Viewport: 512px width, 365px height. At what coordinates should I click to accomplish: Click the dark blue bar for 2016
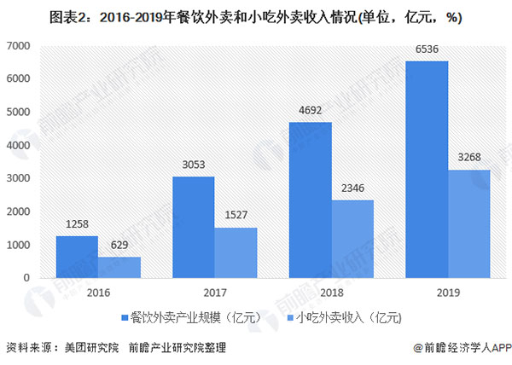click(x=77, y=257)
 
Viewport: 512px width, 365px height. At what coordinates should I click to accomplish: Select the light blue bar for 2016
click(x=119, y=267)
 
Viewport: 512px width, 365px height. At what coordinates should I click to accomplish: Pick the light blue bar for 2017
click(x=236, y=252)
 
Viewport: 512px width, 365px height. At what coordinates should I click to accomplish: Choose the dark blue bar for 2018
click(x=311, y=200)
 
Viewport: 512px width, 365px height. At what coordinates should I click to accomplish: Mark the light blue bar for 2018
click(x=352, y=239)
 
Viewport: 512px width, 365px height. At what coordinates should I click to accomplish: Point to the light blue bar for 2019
click(x=469, y=223)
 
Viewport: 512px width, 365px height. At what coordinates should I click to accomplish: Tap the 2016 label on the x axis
click(x=98, y=293)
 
